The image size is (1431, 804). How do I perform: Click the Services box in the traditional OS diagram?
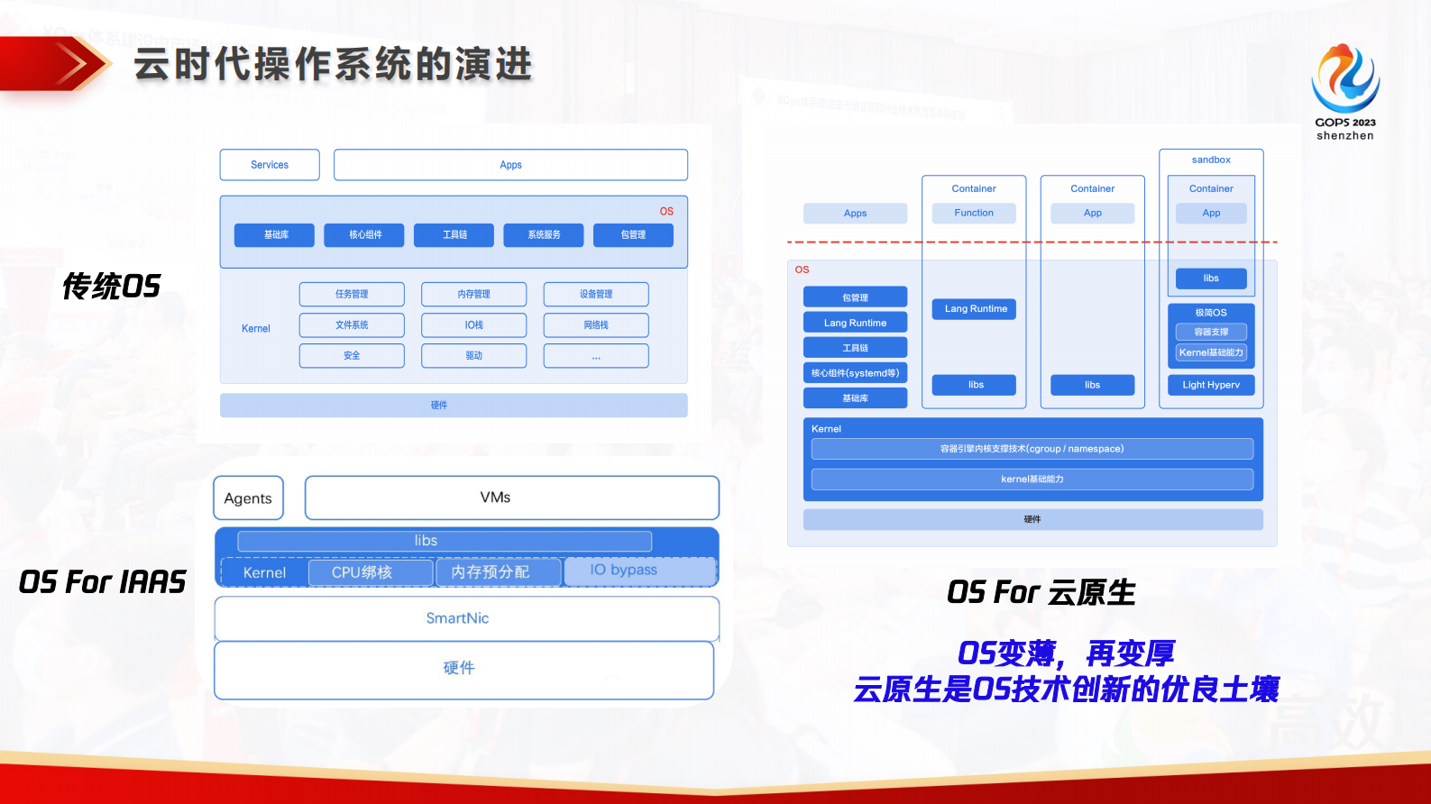point(270,165)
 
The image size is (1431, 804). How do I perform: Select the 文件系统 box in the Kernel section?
point(352,324)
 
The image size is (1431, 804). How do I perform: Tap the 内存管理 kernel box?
point(473,294)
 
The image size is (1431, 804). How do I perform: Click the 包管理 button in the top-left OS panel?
point(633,234)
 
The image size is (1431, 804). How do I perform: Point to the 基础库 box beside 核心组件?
point(275,234)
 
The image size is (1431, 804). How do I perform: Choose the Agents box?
point(248,498)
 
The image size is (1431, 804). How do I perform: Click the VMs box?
point(512,498)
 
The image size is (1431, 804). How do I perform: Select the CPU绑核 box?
point(370,572)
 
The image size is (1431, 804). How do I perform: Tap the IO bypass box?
point(638,571)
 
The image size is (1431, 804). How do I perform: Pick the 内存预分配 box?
point(498,572)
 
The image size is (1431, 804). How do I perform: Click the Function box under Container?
point(974,213)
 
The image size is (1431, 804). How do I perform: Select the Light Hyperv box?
point(1211,385)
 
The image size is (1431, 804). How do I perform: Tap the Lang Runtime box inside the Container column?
point(976,308)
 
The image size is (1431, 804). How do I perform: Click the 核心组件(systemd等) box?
point(855,372)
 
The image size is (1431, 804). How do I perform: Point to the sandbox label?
point(1211,160)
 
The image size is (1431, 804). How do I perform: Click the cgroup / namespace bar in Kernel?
point(1032,449)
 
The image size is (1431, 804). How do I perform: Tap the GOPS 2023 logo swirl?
point(1344,78)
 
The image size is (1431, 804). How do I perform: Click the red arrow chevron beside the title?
point(77,64)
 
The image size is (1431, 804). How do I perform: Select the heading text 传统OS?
point(111,287)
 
